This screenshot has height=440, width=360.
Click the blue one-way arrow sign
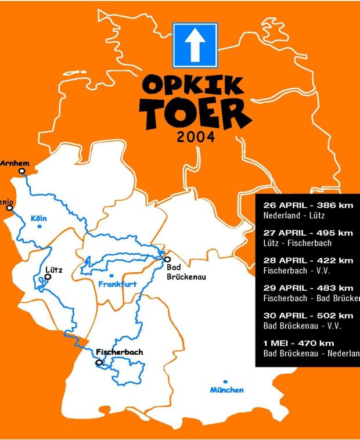(x=195, y=45)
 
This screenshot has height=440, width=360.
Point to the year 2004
(x=196, y=138)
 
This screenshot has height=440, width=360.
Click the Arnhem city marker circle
(x=22, y=171)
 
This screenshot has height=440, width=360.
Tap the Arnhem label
(x=14, y=163)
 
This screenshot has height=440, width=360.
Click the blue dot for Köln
(x=39, y=226)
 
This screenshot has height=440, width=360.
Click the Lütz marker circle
(x=48, y=277)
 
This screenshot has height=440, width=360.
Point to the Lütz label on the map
(x=53, y=269)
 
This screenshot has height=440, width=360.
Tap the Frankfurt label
(x=117, y=284)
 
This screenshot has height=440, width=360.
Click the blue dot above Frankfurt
(x=111, y=275)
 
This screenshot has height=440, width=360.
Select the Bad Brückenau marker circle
(x=167, y=259)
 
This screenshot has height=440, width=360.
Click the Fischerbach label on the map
(x=120, y=352)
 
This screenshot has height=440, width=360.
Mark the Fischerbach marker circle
(x=99, y=363)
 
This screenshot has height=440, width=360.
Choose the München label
(x=227, y=390)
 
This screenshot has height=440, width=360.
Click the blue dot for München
(x=225, y=381)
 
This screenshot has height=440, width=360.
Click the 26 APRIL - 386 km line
(x=308, y=205)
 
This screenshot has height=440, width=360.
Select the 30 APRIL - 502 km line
(x=308, y=315)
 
